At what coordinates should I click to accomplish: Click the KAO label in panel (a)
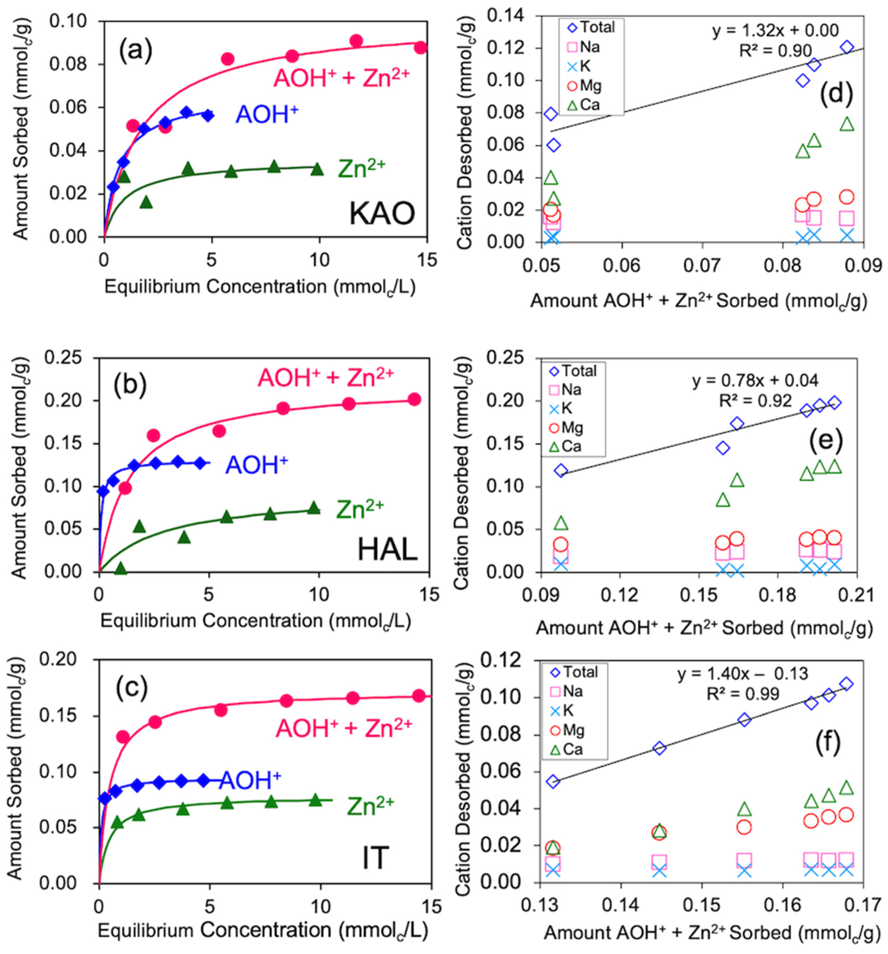(x=382, y=214)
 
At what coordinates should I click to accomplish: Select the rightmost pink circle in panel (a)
(x=421, y=48)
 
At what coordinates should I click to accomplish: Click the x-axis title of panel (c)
(x=263, y=930)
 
